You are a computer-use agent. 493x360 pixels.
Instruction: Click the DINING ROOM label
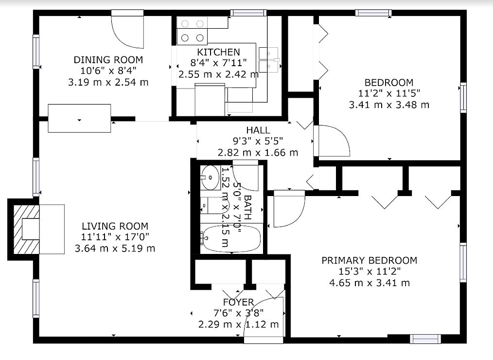pos(108,59)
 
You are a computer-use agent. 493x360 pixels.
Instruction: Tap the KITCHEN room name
pos(218,52)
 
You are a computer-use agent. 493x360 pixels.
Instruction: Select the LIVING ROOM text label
pos(115,226)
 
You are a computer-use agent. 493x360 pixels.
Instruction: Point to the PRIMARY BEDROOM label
pos(369,260)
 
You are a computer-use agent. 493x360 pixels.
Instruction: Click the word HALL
pos(258,130)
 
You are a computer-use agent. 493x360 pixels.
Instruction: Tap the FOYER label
pos(238,302)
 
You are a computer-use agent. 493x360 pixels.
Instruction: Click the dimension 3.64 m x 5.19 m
pos(115,248)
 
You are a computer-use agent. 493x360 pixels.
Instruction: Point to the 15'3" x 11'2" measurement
pos(370,271)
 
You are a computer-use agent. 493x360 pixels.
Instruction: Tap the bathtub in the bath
pos(232,238)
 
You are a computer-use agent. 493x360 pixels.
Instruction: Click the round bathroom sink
pos(211,178)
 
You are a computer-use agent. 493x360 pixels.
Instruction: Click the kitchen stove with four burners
pos(192,30)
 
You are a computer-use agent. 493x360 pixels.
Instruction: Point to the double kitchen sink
pos(269,60)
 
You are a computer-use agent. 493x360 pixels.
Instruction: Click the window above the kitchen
pos(248,13)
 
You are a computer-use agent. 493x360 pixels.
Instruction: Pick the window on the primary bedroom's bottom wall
pos(425,339)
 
